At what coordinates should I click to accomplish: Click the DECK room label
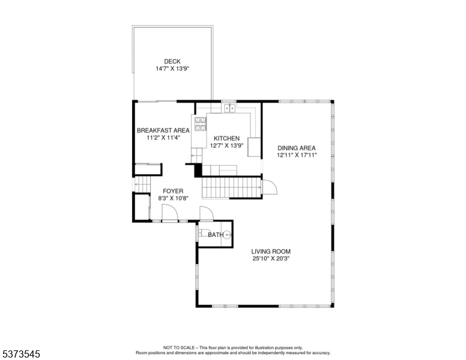click(172, 61)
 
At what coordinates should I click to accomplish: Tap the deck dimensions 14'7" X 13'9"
click(172, 68)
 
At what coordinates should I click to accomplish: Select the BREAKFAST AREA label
click(163, 130)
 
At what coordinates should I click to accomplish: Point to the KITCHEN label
click(227, 139)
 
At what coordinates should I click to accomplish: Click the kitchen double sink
click(229, 109)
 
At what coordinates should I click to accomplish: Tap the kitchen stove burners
click(201, 124)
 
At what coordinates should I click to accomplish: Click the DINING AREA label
click(297, 148)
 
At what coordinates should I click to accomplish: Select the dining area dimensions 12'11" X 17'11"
click(297, 155)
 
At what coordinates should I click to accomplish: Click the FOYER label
click(173, 191)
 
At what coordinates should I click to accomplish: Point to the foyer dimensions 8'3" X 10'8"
click(174, 198)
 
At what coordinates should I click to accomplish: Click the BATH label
click(216, 235)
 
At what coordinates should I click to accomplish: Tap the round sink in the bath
click(228, 235)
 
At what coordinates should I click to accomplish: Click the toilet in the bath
click(204, 233)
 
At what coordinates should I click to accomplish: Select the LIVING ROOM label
click(271, 251)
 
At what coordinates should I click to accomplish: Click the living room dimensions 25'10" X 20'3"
click(271, 259)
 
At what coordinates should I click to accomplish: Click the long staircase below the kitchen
click(232, 187)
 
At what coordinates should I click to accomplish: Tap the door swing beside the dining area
click(270, 187)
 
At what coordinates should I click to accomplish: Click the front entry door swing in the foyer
click(170, 212)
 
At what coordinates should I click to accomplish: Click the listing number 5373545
click(21, 354)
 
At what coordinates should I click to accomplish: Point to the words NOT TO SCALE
click(179, 347)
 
